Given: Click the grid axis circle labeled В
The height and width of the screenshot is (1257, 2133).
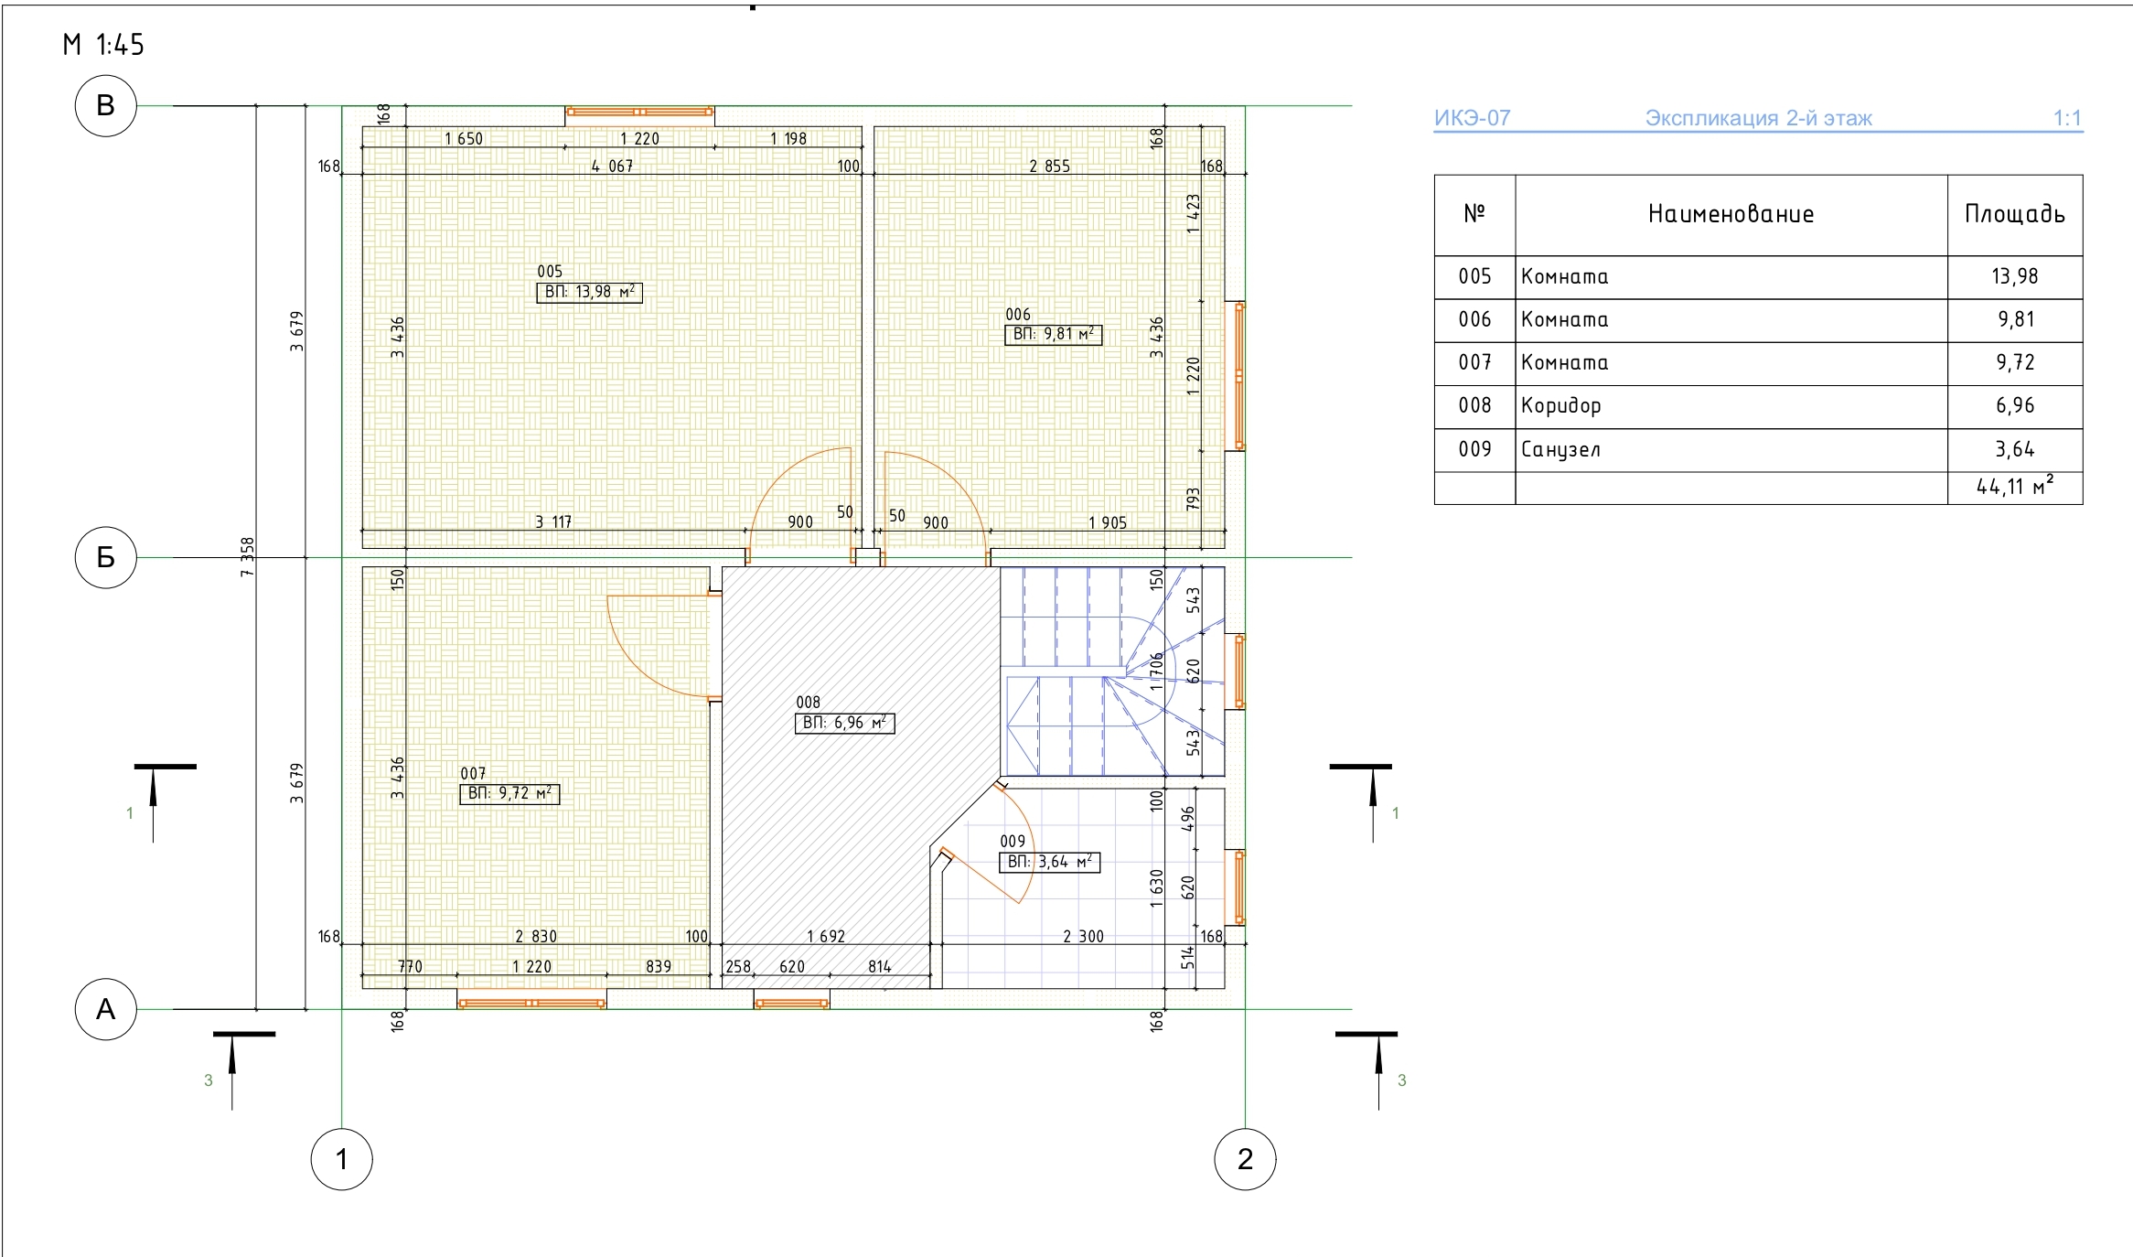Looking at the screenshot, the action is [105, 105].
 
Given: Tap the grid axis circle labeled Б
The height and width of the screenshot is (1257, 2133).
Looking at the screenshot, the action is [105, 557].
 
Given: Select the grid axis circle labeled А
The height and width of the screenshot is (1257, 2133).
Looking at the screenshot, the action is [105, 1009].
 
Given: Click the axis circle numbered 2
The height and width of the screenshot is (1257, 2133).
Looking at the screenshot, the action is [1245, 1159].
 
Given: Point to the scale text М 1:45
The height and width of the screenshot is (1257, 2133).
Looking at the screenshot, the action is [103, 45].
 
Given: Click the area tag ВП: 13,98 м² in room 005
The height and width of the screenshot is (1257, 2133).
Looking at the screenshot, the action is [589, 292].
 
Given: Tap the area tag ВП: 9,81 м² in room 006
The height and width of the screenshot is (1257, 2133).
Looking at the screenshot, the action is [1053, 335].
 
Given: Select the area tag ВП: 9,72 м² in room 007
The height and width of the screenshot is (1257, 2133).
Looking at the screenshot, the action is [509, 794].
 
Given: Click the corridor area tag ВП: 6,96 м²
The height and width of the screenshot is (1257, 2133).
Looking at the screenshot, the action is [844, 723].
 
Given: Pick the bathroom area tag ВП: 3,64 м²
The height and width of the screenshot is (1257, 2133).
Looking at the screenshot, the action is [1049, 862].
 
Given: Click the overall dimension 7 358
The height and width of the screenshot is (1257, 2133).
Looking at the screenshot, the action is [247, 557].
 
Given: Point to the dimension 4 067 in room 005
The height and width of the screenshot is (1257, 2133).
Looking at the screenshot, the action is [612, 166].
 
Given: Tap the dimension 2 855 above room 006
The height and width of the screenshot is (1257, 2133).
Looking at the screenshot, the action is [1049, 166].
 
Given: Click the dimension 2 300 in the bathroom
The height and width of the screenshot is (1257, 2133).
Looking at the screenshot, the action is [1083, 936].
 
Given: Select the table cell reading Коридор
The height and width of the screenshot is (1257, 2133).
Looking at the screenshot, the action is [1731, 406].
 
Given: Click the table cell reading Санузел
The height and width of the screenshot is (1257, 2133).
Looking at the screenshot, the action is [1731, 450].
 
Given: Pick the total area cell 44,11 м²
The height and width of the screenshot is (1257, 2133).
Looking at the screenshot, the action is [2015, 488].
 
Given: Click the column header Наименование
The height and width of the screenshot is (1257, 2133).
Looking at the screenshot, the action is [1731, 214].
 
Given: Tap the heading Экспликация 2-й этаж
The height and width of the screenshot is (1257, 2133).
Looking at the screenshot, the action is [1758, 118].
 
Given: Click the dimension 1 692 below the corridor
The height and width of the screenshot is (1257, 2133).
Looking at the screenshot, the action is [826, 936].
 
